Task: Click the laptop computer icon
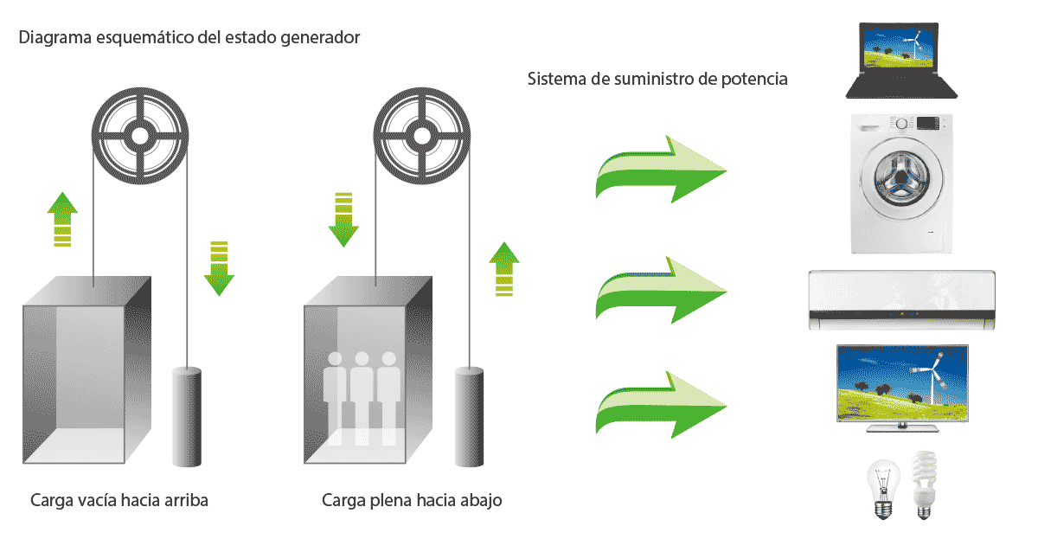click(x=900, y=61)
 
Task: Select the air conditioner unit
click(x=900, y=300)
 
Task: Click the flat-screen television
click(x=902, y=385)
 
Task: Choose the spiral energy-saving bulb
click(x=924, y=486)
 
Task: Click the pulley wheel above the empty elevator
click(x=139, y=135)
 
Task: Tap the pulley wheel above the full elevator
click(x=420, y=135)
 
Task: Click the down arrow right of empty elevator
click(x=219, y=268)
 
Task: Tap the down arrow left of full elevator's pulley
click(x=343, y=220)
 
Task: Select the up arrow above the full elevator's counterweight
click(x=503, y=269)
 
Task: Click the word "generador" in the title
click(x=322, y=38)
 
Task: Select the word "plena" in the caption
click(x=394, y=501)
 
